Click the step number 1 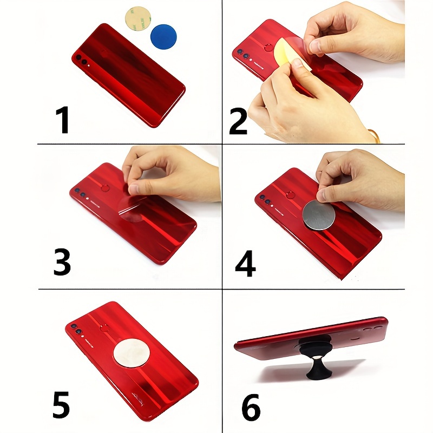[63, 120]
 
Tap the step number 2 [238, 121]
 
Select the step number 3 [62, 261]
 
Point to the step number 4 [245, 264]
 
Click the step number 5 [61, 405]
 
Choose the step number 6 [251, 407]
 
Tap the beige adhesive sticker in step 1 [138, 18]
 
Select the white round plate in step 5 [132, 353]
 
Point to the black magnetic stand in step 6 [316, 356]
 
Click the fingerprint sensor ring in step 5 [104, 329]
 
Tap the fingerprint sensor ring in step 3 [105, 188]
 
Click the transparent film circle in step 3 [132, 208]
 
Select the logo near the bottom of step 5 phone [138, 398]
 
